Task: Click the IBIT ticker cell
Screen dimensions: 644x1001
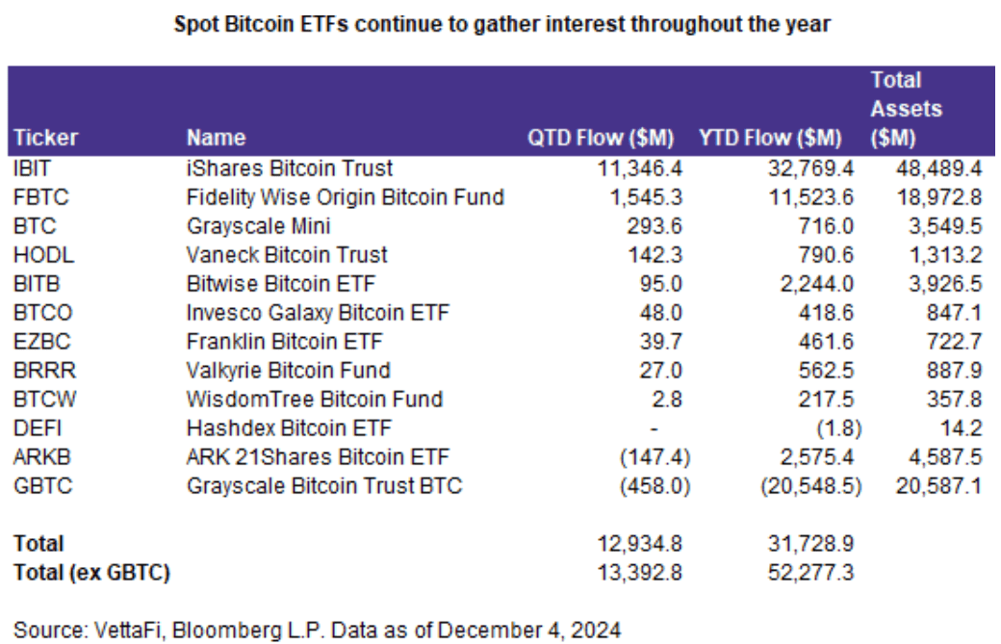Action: click(x=28, y=168)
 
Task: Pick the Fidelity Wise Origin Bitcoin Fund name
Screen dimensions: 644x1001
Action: click(x=345, y=198)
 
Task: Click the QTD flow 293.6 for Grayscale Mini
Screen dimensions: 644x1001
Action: click(x=663, y=227)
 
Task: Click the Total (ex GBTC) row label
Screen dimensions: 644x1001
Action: click(x=91, y=575)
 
